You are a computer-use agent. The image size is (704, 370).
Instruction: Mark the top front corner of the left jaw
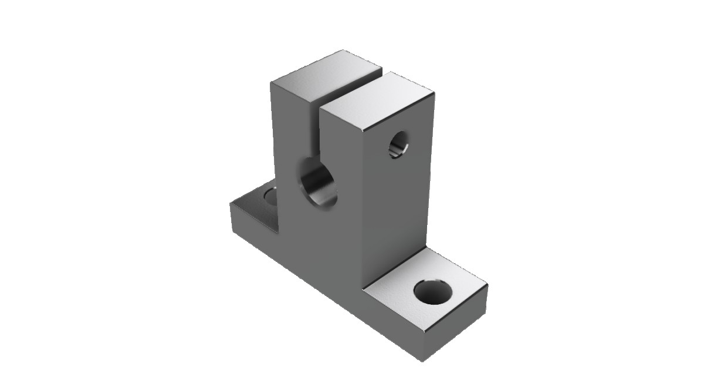pos(270,83)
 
